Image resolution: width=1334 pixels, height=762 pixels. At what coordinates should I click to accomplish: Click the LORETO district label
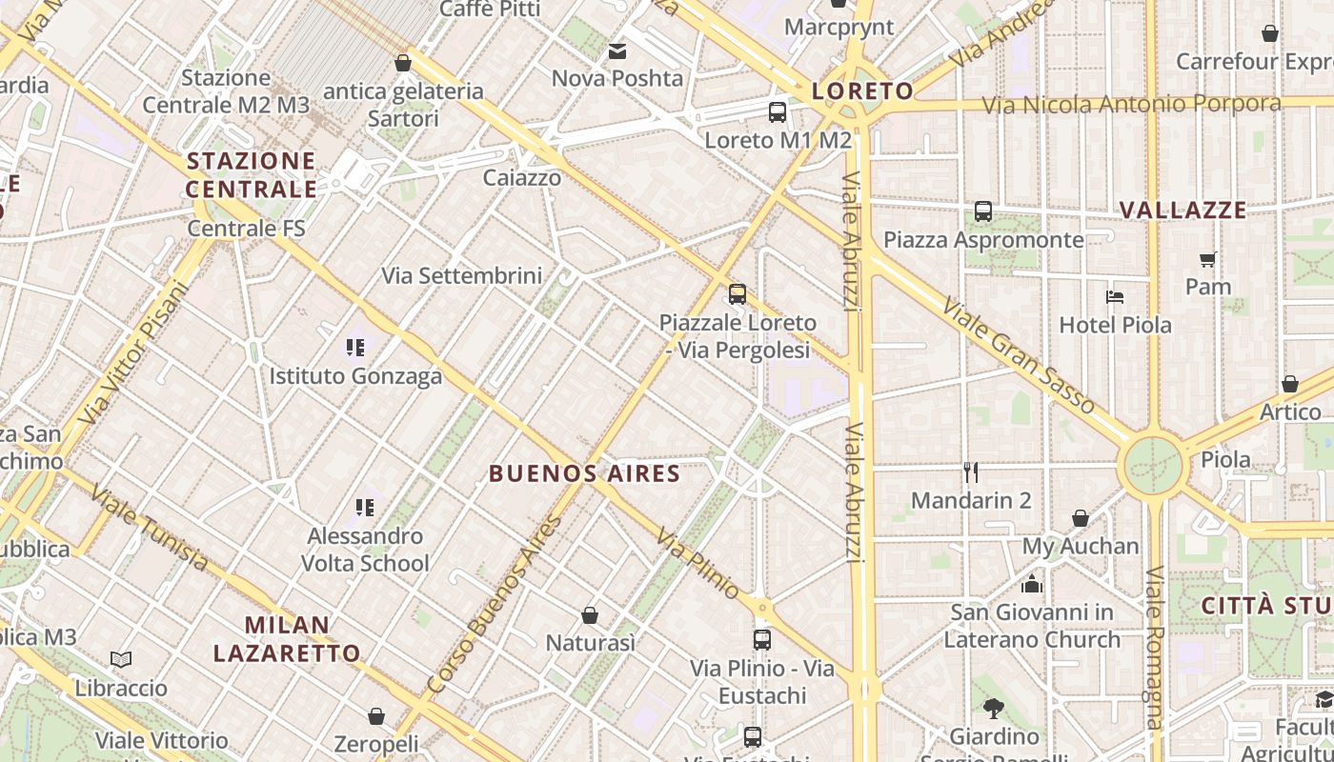coord(862,91)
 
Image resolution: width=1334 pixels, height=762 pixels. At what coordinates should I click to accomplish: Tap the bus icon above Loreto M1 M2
coord(778,112)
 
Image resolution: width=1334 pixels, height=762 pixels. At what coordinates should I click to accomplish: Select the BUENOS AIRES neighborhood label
coord(584,473)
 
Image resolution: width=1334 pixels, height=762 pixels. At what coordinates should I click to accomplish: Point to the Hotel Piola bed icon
coord(1115,297)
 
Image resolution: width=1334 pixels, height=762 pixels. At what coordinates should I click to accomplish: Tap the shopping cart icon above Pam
coord(1208,259)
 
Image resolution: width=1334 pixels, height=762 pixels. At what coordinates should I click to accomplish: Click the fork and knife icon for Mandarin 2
coord(971,471)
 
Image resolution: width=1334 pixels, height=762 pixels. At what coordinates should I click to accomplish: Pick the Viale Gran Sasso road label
coord(1019,355)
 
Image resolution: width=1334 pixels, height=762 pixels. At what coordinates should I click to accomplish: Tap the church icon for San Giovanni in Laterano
coord(1032,584)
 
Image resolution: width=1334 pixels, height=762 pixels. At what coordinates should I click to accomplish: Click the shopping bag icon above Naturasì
coord(590,615)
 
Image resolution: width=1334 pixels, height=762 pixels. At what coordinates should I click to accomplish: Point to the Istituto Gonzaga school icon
coord(355,348)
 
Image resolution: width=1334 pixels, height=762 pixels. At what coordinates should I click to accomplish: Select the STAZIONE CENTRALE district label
coord(251,174)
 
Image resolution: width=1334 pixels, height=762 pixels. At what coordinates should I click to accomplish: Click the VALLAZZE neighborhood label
coord(1182,211)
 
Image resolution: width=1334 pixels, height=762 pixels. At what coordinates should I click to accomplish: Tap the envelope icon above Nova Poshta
coord(617,50)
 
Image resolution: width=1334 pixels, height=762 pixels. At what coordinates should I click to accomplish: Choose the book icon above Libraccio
coord(121,659)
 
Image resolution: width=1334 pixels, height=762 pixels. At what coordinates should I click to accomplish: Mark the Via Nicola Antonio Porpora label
coord(1131,104)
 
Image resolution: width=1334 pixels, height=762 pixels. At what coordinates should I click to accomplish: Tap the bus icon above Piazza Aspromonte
coord(983,211)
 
